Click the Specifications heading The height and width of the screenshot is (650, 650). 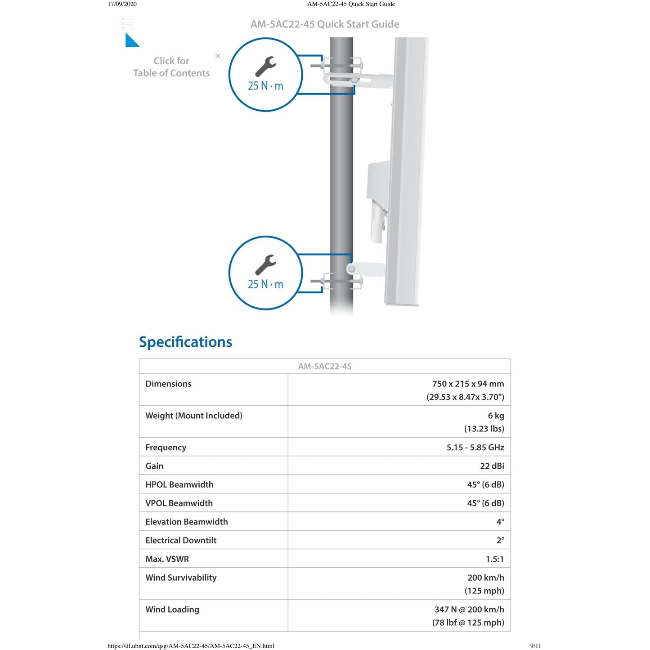click(x=185, y=342)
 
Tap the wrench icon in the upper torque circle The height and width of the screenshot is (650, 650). click(x=265, y=67)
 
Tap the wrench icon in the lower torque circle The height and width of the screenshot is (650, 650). click(x=265, y=265)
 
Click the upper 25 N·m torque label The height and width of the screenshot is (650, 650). click(x=265, y=86)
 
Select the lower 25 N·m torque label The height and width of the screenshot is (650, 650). click(x=265, y=284)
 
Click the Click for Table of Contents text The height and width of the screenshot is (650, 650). click(x=171, y=67)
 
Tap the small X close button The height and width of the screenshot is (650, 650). click(x=218, y=56)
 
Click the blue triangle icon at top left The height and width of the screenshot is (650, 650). click(x=131, y=40)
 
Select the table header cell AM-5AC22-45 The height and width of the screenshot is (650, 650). click(x=325, y=366)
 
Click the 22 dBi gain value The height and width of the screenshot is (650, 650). click(x=492, y=466)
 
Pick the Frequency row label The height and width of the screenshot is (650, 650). click(x=166, y=448)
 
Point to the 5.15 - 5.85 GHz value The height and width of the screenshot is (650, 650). click(x=475, y=448)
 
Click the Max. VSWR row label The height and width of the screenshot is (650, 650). click(x=167, y=559)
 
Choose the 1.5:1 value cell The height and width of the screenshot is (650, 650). click(x=494, y=559)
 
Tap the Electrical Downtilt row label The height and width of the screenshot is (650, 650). click(x=181, y=540)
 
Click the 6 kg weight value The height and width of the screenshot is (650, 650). click(x=496, y=416)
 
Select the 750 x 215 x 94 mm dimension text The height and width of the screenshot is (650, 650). click(x=468, y=384)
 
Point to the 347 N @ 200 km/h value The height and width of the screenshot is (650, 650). click(x=469, y=610)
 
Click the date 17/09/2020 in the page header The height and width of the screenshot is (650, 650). click(x=122, y=4)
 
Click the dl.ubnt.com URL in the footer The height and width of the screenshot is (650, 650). click(x=191, y=646)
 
